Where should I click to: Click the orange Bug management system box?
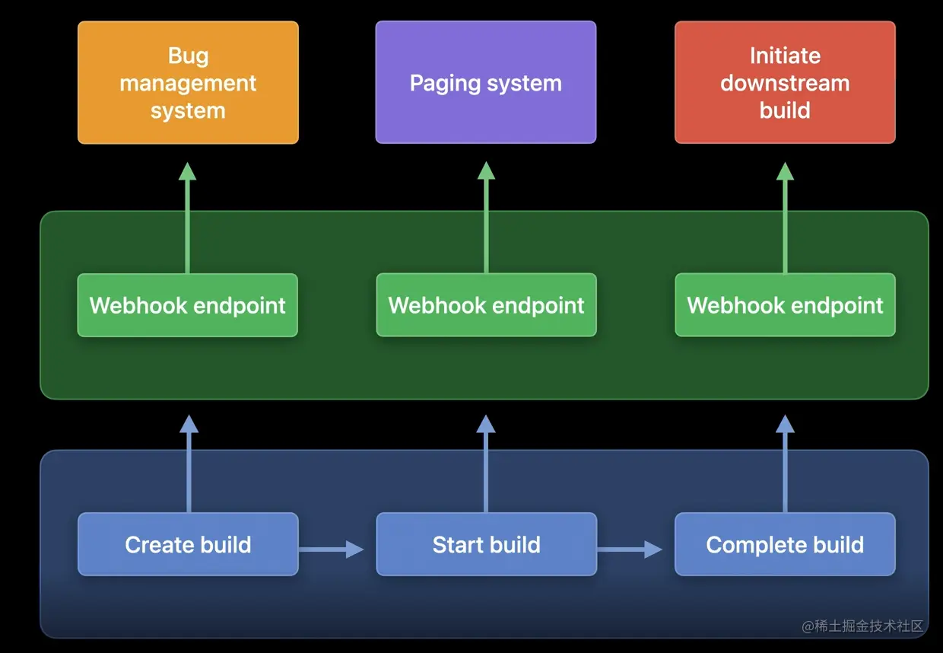pyautogui.click(x=188, y=82)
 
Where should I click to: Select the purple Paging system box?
pyautogui.click(x=486, y=82)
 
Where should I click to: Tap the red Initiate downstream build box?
pyautogui.click(x=785, y=82)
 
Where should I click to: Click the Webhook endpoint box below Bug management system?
pyautogui.click(x=188, y=305)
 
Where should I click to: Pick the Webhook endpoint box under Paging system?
pyautogui.click(x=486, y=304)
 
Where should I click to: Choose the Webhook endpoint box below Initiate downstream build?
pyautogui.click(x=785, y=304)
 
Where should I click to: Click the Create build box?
pyautogui.click(x=188, y=544)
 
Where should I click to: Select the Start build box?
pyautogui.click(x=486, y=544)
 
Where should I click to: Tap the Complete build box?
pyautogui.click(x=785, y=544)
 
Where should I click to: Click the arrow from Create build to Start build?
pyautogui.click(x=332, y=549)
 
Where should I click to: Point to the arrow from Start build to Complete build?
pyautogui.click(x=630, y=549)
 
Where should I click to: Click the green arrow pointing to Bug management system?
pyautogui.click(x=187, y=218)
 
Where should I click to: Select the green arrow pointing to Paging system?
pyautogui.click(x=486, y=218)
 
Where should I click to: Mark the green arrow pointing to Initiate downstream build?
pyautogui.click(x=785, y=218)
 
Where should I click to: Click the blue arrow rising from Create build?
pyautogui.click(x=189, y=463)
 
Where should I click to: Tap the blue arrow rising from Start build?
pyautogui.click(x=486, y=463)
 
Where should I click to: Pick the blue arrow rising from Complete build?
pyautogui.click(x=785, y=463)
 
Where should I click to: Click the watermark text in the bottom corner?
pyautogui.click(x=862, y=626)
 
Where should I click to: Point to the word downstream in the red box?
pyautogui.click(x=785, y=83)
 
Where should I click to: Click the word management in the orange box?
pyautogui.click(x=188, y=84)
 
